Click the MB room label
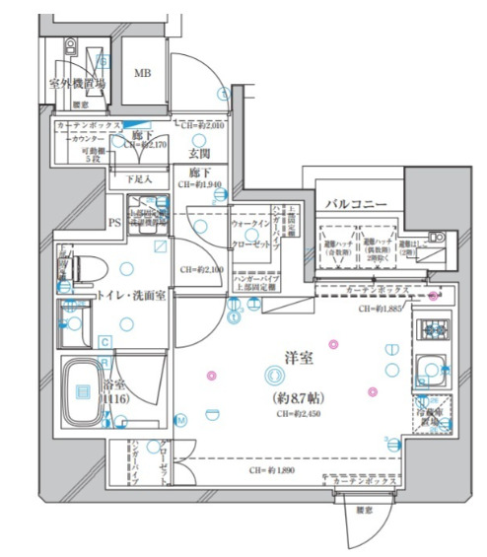143,74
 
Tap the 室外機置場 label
77,84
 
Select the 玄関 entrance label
198,154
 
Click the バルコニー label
357,203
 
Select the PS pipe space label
114,223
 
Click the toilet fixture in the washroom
82,264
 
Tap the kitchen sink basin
431,369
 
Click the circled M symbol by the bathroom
181,419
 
